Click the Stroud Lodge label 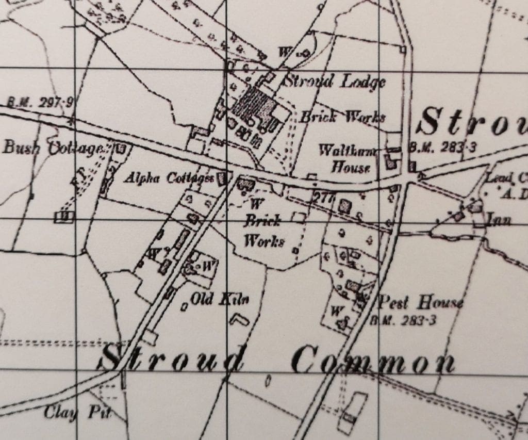pos(335,82)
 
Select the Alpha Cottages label pos(169,178)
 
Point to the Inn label pos(499,221)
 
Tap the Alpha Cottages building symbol pos(222,178)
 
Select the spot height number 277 pos(323,197)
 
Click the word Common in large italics pos(373,361)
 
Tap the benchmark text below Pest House pos(403,320)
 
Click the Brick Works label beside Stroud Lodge pos(342,117)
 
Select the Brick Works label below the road pos(263,231)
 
